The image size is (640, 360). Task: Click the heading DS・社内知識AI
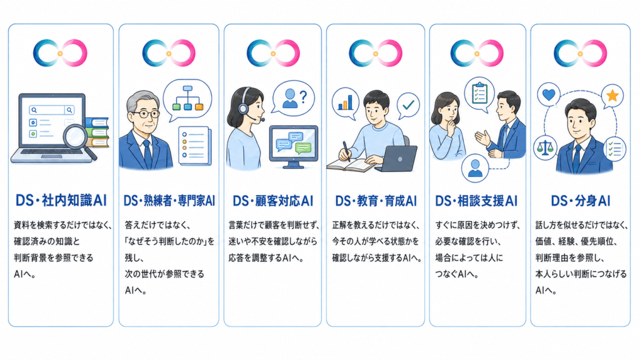coord(61,201)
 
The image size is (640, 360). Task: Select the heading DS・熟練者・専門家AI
coord(169,201)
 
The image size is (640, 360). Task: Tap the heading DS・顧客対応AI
coord(272,201)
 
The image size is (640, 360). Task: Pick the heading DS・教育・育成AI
coord(376,201)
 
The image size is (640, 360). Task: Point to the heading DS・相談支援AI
coord(476,201)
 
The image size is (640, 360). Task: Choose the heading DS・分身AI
coord(581,201)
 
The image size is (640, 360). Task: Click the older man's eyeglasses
coord(146,114)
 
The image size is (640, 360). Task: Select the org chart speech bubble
coord(187,99)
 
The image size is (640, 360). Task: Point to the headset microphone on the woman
coord(257,119)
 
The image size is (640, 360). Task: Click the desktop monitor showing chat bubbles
coord(294,146)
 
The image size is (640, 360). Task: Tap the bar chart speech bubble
coord(345,103)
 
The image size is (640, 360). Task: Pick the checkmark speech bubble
coord(408,105)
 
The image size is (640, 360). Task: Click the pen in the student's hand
coord(347,151)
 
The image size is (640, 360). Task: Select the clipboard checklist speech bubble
coord(479,95)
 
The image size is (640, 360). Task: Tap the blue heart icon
coord(549,94)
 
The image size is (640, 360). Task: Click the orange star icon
coord(612,96)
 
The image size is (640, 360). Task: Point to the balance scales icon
coord(545,147)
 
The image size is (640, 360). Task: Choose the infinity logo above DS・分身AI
coord(580,53)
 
